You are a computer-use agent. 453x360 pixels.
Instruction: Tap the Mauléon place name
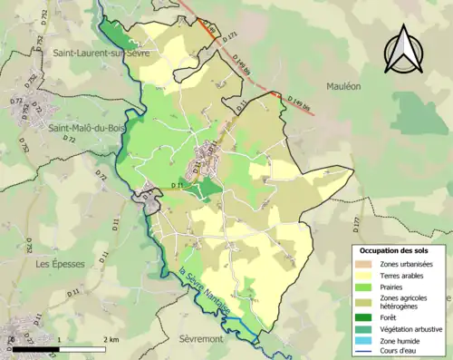pos(344,85)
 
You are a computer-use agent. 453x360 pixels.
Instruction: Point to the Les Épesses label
pos(55,264)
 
